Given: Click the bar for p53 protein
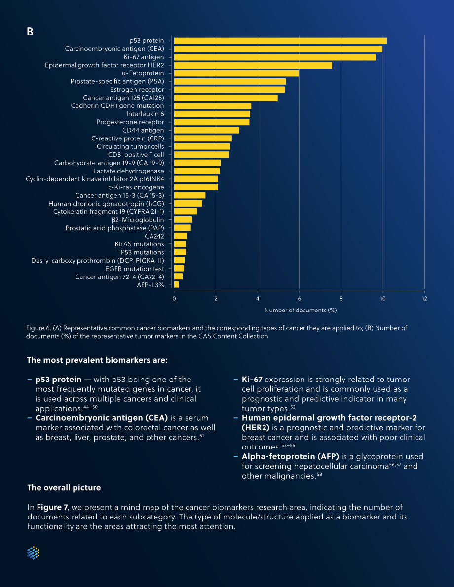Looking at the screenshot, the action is pyautogui.click(x=280, y=41).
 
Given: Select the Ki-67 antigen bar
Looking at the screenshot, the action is pyautogui.click(x=275, y=57).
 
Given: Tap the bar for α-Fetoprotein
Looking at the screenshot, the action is pyautogui.click(x=236, y=73).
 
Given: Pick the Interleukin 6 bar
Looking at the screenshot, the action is pyautogui.click(x=212, y=114).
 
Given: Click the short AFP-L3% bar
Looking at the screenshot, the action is pyautogui.click(x=177, y=285).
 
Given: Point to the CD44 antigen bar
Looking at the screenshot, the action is pyautogui.click(x=207, y=130).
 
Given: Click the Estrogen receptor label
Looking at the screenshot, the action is pyautogui.click(x=137, y=90).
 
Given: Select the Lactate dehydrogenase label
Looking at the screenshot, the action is pyautogui.click(x=129, y=171).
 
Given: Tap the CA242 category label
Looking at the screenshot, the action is pyautogui.click(x=154, y=236).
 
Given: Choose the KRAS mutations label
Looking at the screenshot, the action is pyautogui.click(x=140, y=244).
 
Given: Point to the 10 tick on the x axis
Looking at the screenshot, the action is pyautogui.click(x=383, y=299).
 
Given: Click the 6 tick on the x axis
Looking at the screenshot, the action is pyautogui.click(x=299, y=299).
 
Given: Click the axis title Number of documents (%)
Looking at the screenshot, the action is pyautogui.click(x=301, y=310).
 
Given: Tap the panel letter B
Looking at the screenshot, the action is pyautogui.click(x=30, y=32).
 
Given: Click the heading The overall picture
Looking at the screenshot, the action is pyautogui.click(x=64, y=488).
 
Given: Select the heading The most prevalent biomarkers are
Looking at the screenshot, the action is pyautogui.click(x=98, y=360).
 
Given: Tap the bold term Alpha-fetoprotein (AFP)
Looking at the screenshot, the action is pyautogui.click(x=291, y=457).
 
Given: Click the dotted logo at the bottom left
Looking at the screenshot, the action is pyautogui.click(x=34, y=553).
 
